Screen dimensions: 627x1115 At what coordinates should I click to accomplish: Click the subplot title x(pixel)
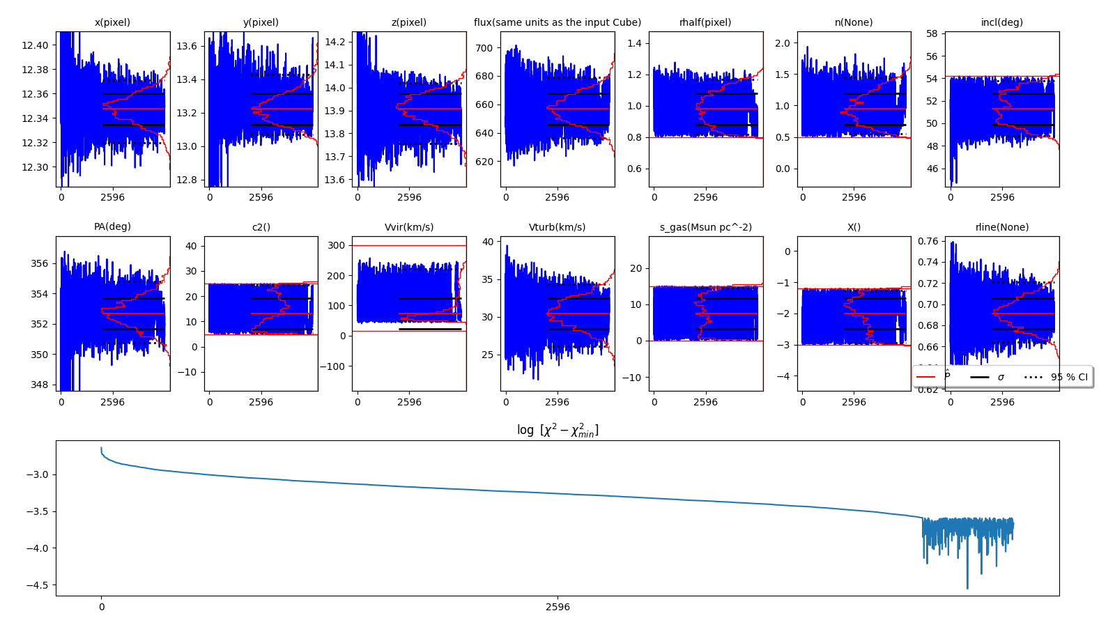tap(112, 22)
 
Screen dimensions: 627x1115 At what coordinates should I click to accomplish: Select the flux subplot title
tap(557, 22)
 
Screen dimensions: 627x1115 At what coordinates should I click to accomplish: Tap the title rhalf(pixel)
tap(705, 22)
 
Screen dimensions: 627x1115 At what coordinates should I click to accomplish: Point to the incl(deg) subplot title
tap(1001, 22)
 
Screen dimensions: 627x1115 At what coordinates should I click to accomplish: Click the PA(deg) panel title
tap(112, 226)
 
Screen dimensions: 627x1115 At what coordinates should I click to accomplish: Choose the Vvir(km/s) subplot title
tap(409, 227)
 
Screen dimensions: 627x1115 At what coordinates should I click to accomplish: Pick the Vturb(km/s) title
tap(557, 227)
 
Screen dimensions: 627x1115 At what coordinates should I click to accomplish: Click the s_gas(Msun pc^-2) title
tap(705, 227)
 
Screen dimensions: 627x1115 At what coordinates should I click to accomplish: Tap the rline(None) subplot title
tap(1001, 227)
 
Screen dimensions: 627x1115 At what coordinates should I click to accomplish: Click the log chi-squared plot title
tap(557, 431)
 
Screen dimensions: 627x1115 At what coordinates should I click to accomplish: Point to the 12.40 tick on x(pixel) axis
tap(35, 45)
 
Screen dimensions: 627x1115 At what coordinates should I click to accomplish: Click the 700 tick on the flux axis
tap(484, 48)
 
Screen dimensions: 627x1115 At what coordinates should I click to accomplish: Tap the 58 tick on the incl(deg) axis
tap(932, 33)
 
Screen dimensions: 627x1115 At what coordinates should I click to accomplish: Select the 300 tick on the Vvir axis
tap(337, 245)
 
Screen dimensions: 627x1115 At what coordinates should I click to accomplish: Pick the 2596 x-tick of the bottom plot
tap(557, 607)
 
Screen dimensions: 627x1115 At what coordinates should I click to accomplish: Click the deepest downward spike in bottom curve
tap(967, 587)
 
